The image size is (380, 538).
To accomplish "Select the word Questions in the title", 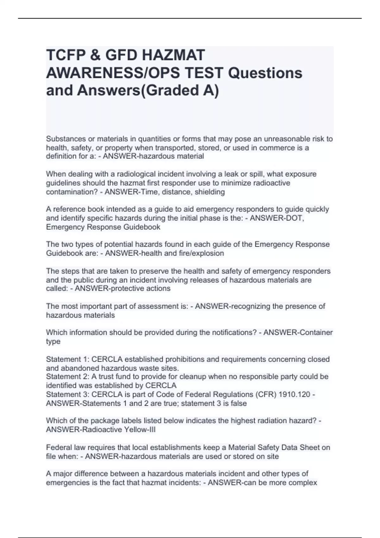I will (x=265, y=73).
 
